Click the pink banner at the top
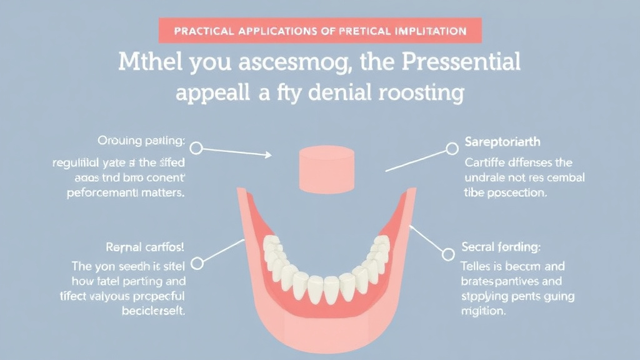coord(319,30)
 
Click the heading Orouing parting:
coord(141,141)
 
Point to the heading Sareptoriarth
coord(503,142)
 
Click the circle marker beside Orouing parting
coord(196,148)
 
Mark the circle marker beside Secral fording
coord(448,254)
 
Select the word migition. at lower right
coord(483,311)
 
